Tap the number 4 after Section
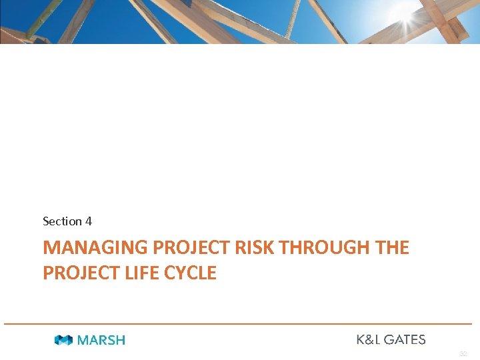point(89,221)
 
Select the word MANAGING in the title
point(95,248)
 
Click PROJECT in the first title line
point(192,248)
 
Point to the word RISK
point(256,248)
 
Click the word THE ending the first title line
point(393,248)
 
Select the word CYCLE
point(193,273)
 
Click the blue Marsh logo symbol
point(63,340)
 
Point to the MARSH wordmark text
point(101,340)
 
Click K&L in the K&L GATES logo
point(367,339)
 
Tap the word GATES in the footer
point(404,339)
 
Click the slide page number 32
point(463,354)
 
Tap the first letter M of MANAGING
point(51,248)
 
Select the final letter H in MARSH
point(120,340)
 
